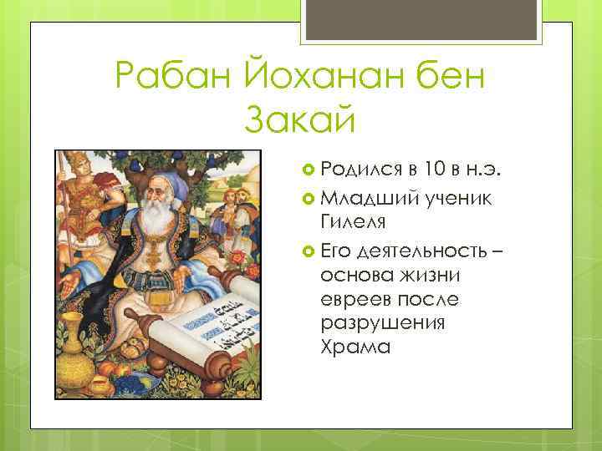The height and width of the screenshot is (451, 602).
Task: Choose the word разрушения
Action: [x=381, y=322]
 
